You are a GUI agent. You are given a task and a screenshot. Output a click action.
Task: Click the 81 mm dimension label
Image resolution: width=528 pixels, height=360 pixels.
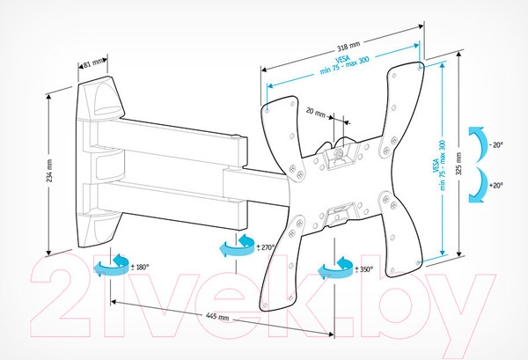pyautogui.click(x=93, y=62)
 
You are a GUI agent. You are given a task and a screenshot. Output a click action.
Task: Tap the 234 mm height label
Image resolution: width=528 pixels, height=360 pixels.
pyautogui.click(x=49, y=171)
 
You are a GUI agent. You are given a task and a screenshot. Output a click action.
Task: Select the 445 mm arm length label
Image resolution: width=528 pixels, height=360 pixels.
pyautogui.click(x=217, y=317)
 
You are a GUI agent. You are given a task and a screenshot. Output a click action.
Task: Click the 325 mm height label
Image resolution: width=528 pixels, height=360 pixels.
pyautogui.click(x=458, y=164)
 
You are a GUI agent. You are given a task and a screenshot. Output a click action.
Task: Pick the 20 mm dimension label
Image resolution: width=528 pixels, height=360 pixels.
pyautogui.click(x=316, y=112)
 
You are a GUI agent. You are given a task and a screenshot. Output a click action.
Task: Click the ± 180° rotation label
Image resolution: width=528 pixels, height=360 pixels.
pyautogui.click(x=140, y=267)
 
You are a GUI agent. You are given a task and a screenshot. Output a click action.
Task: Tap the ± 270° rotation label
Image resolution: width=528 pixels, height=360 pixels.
pyautogui.click(x=266, y=247)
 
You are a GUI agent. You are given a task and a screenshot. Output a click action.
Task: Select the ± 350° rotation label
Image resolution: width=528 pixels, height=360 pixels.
pyautogui.click(x=364, y=269)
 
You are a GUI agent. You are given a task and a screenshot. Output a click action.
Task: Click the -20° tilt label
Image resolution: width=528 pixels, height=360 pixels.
pyautogui.click(x=495, y=145)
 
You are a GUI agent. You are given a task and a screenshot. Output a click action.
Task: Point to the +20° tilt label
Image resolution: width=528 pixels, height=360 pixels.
pyautogui.click(x=496, y=185)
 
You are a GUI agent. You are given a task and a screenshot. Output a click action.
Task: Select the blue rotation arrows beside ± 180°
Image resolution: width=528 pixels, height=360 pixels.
pyautogui.click(x=111, y=266)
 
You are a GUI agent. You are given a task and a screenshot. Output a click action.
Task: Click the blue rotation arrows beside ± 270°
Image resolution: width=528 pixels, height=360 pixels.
pyautogui.click(x=237, y=246)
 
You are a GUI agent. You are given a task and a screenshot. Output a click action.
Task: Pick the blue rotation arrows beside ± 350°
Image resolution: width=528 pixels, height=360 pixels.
pyautogui.click(x=335, y=268)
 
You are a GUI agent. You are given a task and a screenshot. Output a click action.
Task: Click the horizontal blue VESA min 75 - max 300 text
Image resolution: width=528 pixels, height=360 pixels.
pyautogui.click(x=344, y=64)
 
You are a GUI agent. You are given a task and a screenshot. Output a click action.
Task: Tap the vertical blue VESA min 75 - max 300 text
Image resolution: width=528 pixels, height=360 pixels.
pyautogui.click(x=439, y=165)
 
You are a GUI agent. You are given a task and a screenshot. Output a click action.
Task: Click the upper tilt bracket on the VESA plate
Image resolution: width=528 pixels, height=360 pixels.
pyautogui.click(x=339, y=156)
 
